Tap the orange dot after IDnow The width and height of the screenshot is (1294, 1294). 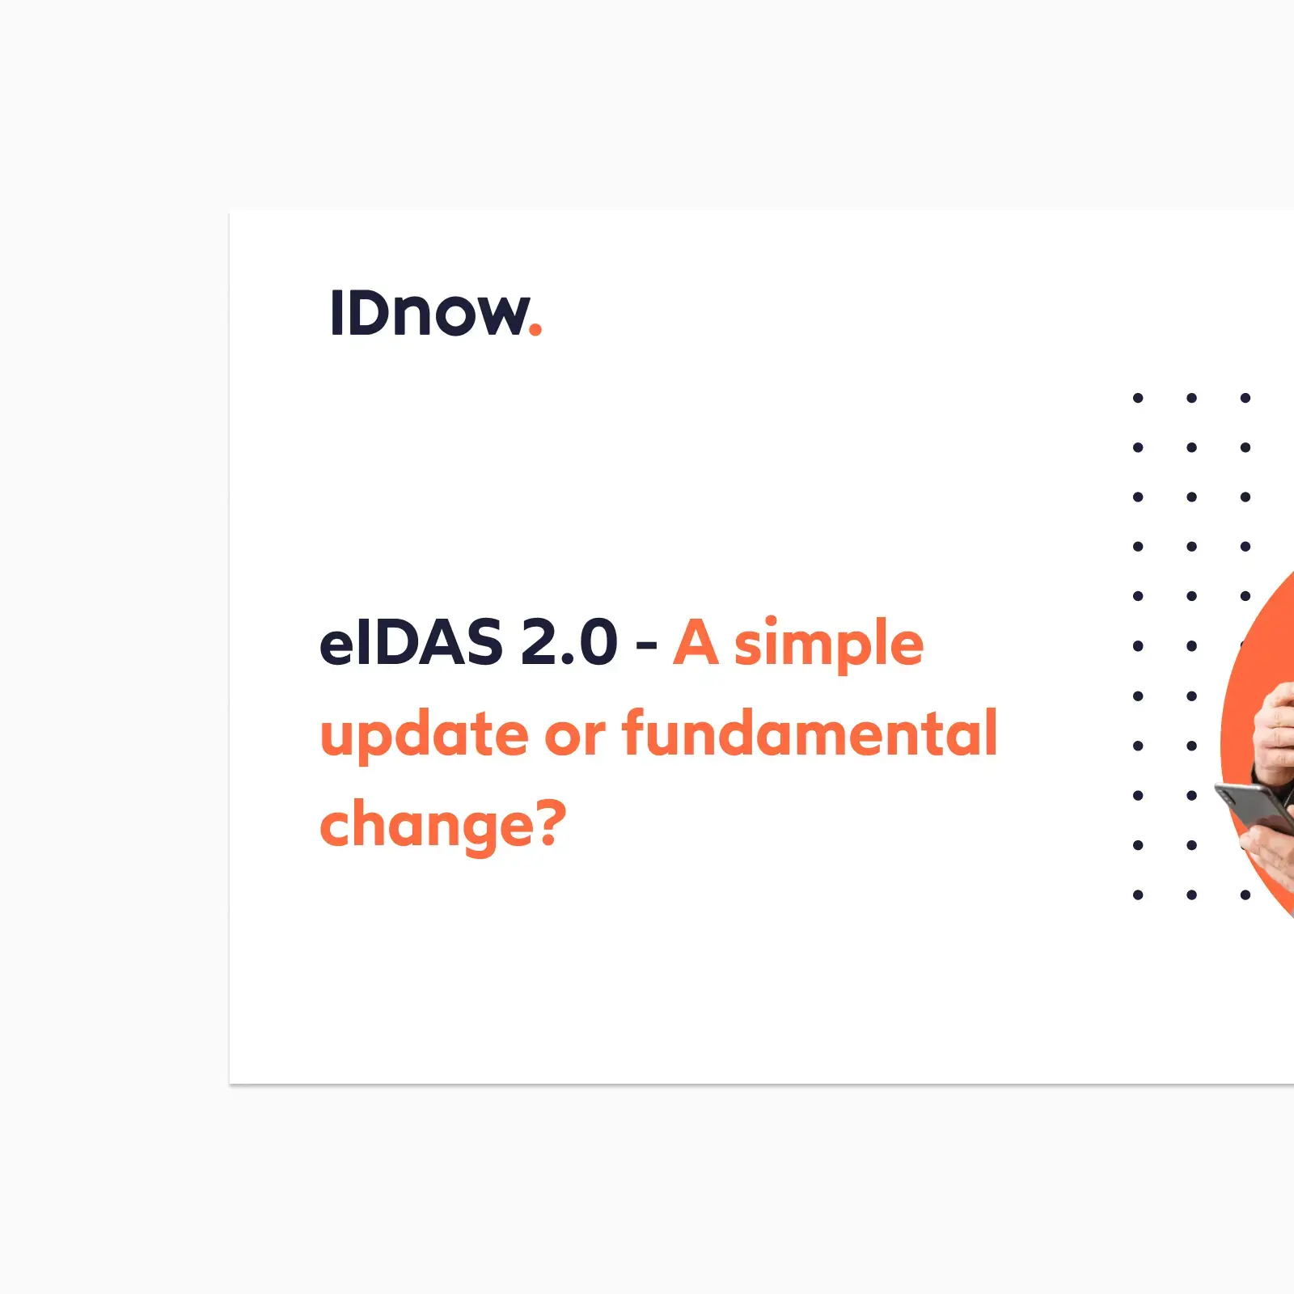(535, 328)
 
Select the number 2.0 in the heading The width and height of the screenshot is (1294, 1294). (569, 644)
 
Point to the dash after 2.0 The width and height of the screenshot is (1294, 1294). (646, 646)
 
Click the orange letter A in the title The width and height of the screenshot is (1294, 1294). (696, 644)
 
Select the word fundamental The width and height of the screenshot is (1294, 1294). (810, 734)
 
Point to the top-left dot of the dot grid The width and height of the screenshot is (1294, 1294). (1138, 398)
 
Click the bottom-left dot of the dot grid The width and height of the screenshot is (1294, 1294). (1138, 894)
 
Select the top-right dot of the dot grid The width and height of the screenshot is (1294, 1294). (1245, 398)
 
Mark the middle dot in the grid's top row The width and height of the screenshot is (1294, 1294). (1191, 398)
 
